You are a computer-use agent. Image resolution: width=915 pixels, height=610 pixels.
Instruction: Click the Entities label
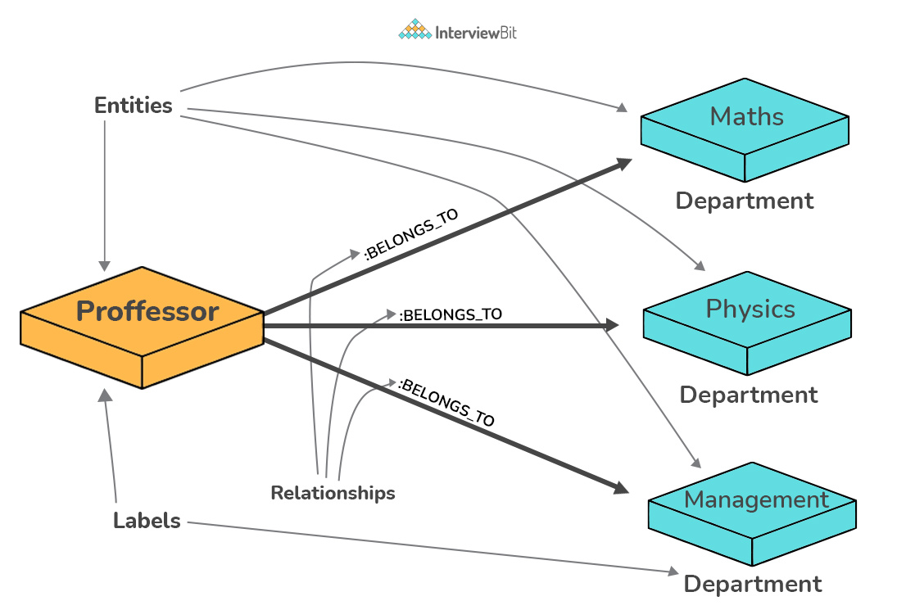click(x=134, y=106)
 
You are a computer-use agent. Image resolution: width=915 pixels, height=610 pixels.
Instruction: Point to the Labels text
click(x=147, y=521)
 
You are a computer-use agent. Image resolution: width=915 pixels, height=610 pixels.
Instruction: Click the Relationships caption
click(x=333, y=493)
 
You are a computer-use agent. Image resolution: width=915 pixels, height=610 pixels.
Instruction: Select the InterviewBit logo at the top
click(x=458, y=32)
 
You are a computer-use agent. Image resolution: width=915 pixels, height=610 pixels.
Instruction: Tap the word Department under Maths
click(x=745, y=201)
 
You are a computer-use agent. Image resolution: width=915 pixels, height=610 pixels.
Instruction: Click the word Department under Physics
click(x=749, y=395)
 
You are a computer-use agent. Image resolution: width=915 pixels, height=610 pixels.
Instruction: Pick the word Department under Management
click(x=753, y=584)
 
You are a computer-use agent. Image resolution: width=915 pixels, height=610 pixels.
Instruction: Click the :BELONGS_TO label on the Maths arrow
click(x=410, y=234)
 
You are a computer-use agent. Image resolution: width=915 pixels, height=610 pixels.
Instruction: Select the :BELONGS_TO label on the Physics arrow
click(x=450, y=314)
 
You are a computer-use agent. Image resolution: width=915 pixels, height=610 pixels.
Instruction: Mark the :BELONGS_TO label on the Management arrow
click(x=446, y=402)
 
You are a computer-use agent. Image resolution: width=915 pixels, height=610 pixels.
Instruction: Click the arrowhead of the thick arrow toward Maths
click(x=625, y=162)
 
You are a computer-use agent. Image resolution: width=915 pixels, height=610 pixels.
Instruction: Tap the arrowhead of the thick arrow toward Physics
click(x=612, y=326)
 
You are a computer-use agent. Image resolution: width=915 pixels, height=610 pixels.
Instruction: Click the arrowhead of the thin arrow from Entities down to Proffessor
click(x=105, y=265)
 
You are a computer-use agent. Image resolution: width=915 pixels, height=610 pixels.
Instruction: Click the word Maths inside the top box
click(x=746, y=116)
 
